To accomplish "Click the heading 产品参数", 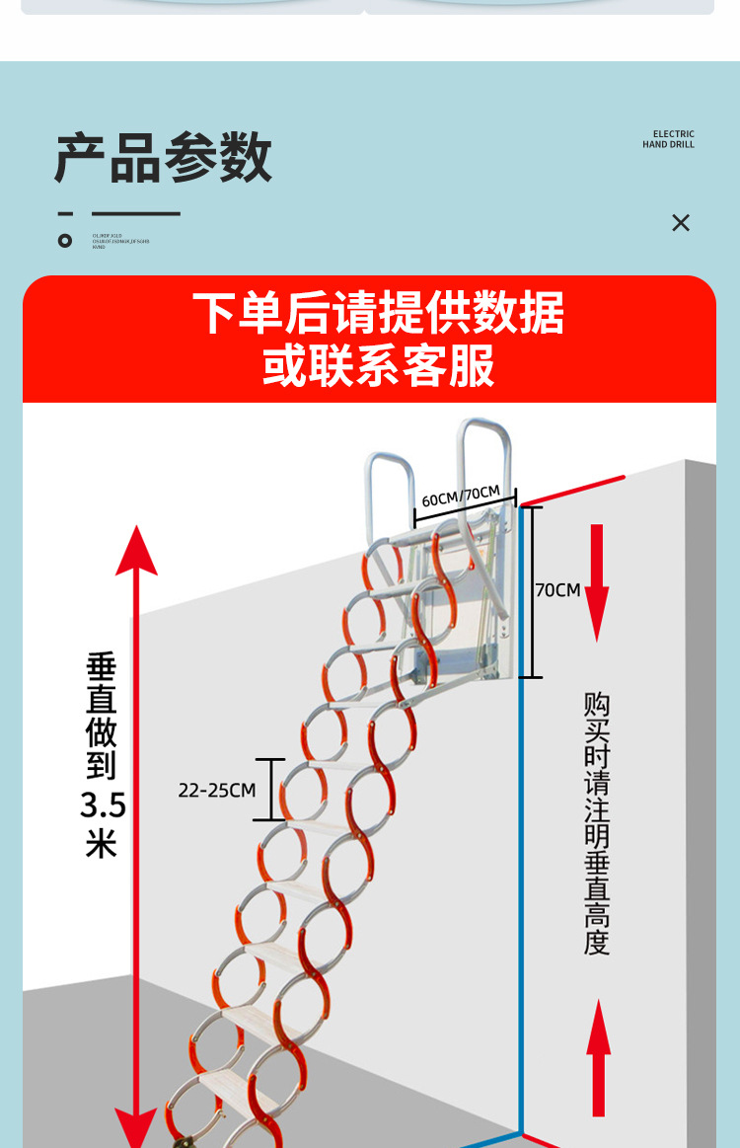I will point(163,157).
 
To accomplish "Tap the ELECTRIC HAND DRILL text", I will point(668,139).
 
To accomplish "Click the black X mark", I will point(681,223).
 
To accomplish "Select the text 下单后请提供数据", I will point(378,314).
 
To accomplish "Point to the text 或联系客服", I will point(378,366).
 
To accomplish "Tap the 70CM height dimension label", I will point(557,590).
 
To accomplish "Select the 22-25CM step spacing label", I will point(216,790).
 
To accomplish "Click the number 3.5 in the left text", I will point(103,805).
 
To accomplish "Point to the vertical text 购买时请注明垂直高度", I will point(596,823).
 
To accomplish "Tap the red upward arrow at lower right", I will point(598,1056).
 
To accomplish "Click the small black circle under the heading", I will point(65,240).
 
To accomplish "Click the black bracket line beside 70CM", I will point(531,591).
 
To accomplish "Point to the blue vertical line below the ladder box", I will point(521,888).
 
